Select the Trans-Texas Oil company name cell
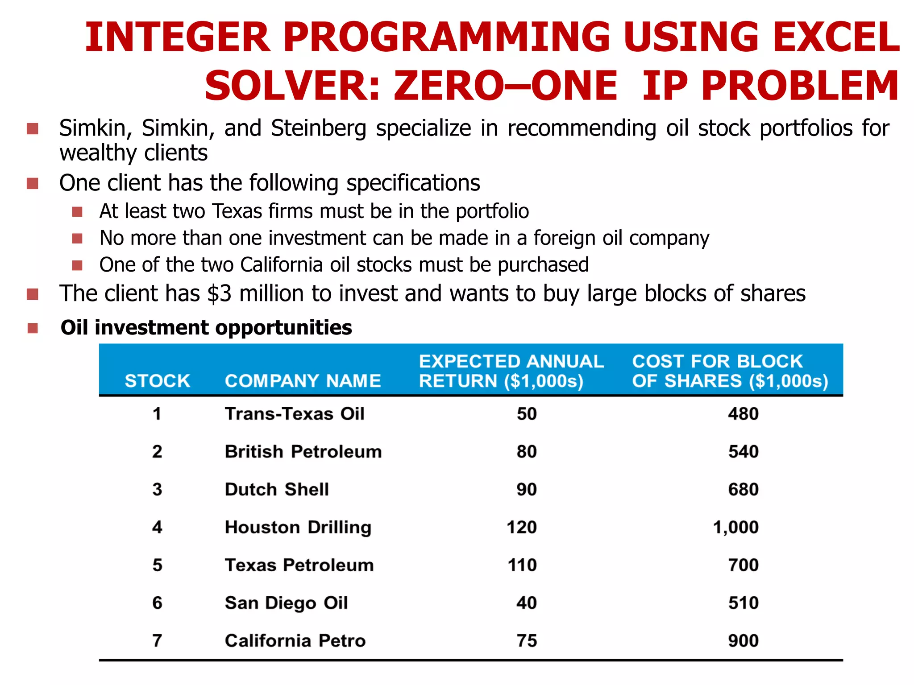tap(295, 414)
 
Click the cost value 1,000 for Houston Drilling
tap(735, 528)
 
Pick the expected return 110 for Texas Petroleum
tap(522, 565)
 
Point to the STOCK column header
tap(157, 381)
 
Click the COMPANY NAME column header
tap(303, 381)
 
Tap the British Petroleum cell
tap(303, 452)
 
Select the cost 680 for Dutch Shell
tap(743, 490)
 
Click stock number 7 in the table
tap(157, 641)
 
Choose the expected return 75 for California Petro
tap(527, 641)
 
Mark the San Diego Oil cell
tap(286, 603)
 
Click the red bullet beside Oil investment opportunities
tap(33, 329)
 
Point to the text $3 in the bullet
tap(220, 294)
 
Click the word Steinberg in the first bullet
tap(318, 128)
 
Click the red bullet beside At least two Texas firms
tap(77, 211)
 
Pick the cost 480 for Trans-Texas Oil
tap(743, 414)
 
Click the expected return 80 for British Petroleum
tap(527, 452)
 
